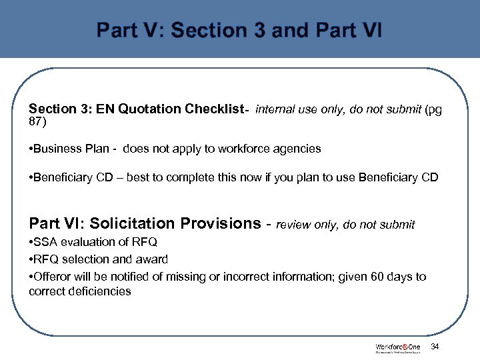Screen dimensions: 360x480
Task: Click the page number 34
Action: pos(435,346)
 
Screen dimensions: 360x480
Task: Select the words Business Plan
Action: pos(62,149)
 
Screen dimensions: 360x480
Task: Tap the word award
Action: pos(153,259)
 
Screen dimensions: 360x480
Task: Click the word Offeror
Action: pos(52,276)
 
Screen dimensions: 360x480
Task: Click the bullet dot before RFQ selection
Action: pos(31,259)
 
